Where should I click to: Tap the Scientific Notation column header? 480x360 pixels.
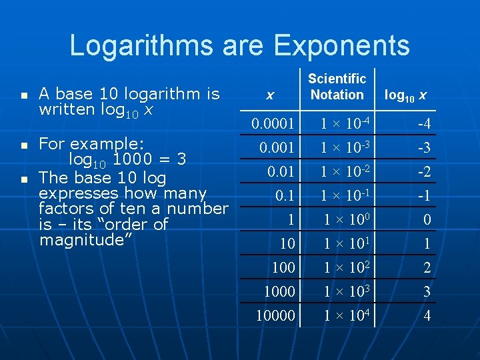pyautogui.click(x=337, y=87)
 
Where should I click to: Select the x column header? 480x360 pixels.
pyautogui.click(x=269, y=95)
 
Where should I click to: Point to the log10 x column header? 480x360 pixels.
pyautogui.click(x=405, y=95)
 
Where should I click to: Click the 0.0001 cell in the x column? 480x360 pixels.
pyautogui.click(x=273, y=123)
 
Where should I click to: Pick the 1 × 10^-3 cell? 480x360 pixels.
pyautogui.click(x=343, y=147)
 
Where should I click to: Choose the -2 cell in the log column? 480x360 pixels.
pyautogui.click(x=423, y=172)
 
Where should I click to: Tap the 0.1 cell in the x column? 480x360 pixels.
pyautogui.click(x=285, y=196)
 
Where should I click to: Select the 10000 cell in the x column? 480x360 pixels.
pyautogui.click(x=275, y=316)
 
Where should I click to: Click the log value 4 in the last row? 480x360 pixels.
pyautogui.click(x=427, y=316)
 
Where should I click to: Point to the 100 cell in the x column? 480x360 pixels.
pyautogui.click(x=283, y=268)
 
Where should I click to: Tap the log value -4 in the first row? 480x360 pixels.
pyautogui.click(x=423, y=124)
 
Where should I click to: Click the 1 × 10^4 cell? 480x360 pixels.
pyautogui.click(x=345, y=316)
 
